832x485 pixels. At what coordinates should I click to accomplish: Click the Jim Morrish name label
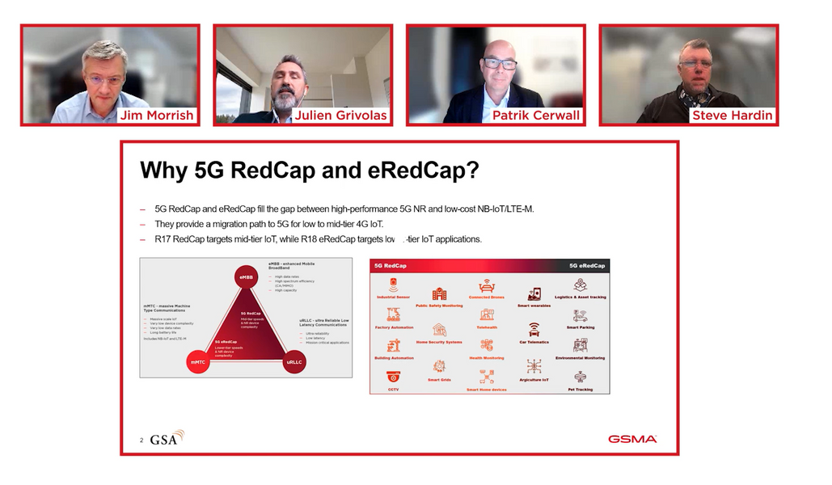(x=157, y=115)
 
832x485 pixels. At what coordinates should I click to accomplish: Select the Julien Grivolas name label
(x=340, y=115)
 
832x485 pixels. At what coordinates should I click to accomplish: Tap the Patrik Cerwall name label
(x=536, y=115)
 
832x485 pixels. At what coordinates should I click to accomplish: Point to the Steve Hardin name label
(x=732, y=115)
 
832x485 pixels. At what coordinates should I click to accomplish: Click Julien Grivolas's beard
(x=285, y=99)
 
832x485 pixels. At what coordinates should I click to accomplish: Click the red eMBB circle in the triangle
(x=245, y=278)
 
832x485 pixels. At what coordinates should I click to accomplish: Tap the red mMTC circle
(x=198, y=363)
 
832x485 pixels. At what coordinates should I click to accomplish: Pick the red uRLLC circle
(x=294, y=363)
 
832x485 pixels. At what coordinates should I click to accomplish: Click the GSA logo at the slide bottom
(x=167, y=438)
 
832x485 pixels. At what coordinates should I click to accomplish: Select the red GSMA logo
(x=632, y=439)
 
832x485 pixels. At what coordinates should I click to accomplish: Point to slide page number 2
(x=141, y=441)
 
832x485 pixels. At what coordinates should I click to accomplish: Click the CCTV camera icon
(x=393, y=377)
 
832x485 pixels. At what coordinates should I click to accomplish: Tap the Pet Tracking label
(x=580, y=390)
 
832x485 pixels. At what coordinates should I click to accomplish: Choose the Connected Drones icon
(x=486, y=286)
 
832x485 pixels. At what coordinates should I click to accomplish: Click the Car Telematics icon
(x=534, y=330)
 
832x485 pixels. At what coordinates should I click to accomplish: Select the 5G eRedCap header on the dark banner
(x=586, y=265)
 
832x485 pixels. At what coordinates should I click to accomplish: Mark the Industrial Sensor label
(x=393, y=297)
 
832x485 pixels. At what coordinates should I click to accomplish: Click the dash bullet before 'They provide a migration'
(x=143, y=224)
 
